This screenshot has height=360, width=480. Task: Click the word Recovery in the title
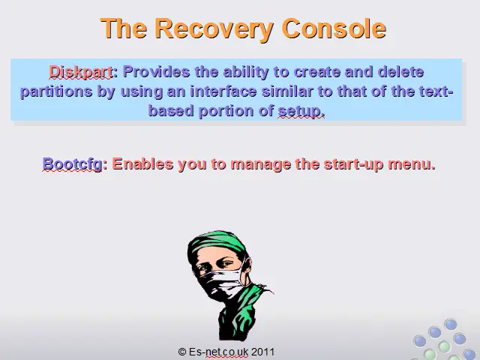(x=214, y=29)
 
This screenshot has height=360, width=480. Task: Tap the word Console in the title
(x=334, y=28)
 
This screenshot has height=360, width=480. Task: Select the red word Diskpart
(x=81, y=72)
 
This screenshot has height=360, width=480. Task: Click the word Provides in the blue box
(x=156, y=72)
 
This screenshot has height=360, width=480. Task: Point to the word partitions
(x=56, y=91)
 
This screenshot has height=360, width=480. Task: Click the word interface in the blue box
(x=223, y=91)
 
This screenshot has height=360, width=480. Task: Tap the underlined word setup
(x=301, y=111)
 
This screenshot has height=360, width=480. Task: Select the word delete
(x=400, y=72)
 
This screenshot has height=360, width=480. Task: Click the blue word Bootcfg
(x=72, y=164)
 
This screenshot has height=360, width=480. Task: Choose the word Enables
(x=142, y=163)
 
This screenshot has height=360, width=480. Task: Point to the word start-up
(x=353, y=164)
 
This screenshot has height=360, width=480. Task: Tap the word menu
(x=412, y=164)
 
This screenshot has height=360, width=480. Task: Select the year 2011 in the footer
(x=262, y=352)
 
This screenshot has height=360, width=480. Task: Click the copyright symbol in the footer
(x=182, y=352)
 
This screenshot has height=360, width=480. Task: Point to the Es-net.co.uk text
(x=218, y=352)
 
